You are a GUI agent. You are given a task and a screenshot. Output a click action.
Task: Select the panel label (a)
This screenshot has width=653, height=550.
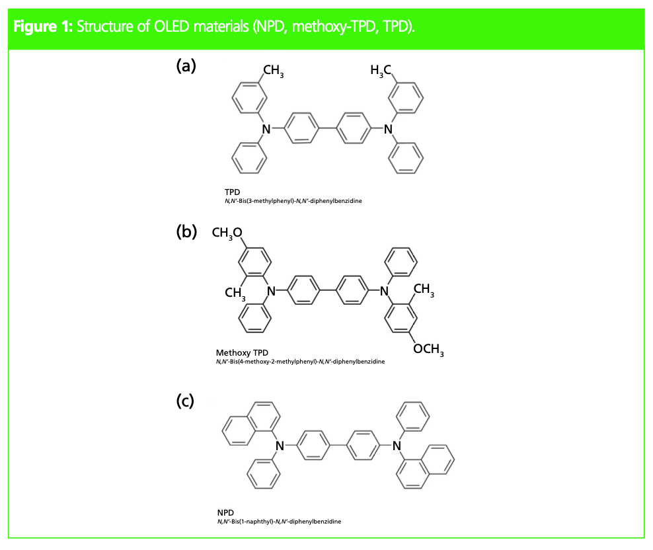point(186,65)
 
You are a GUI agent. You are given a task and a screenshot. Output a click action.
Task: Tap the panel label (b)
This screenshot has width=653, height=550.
point(186,231)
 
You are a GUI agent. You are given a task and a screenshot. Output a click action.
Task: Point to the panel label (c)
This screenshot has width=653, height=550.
point(186,401)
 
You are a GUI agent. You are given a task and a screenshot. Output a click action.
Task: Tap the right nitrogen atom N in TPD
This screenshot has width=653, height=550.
point(388,129)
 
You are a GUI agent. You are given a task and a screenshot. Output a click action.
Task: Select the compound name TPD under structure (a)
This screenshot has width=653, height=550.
point(232,192)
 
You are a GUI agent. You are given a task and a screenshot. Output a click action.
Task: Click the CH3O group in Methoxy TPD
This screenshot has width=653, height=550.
point(227,232)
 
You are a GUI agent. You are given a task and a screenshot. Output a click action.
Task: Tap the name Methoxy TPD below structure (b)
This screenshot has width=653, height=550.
point(242,353)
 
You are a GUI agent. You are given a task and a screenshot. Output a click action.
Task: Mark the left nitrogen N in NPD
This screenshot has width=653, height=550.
point(280,446)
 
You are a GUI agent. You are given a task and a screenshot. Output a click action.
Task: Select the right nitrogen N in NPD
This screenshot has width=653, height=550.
point(397,446)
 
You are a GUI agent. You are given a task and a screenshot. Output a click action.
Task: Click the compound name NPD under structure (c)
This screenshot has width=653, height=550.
point(225,512)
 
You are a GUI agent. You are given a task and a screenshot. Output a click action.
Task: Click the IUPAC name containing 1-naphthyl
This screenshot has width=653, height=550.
point(279,522)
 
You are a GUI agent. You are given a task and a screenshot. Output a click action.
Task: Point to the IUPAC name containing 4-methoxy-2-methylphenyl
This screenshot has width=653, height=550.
point(300,362)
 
